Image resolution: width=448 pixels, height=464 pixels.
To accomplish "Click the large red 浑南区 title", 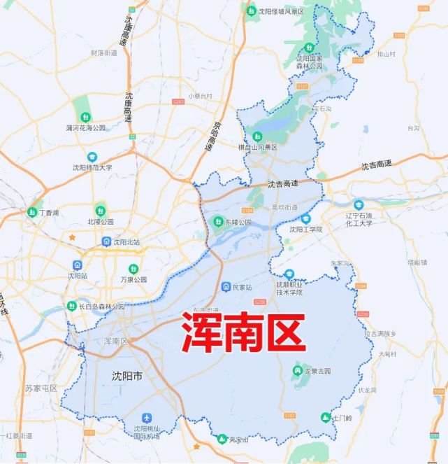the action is pyautogui.click(x=244, y=332).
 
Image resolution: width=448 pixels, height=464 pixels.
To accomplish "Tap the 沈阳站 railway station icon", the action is pyautogui.click(x=77, y=265).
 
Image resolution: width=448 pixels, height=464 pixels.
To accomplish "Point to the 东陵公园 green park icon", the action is pyautogui.click(x=217, y=222).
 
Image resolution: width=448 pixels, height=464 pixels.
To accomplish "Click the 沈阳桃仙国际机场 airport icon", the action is pyautogui.click(x=146, y=418).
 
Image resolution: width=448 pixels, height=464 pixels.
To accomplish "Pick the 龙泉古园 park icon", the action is pyautogui.click(x=297, y=370).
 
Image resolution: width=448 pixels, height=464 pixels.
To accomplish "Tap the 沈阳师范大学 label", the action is pyautogui.click(x=92, y=167).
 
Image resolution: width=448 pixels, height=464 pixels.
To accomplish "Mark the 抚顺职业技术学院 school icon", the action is pyautogui.click(x=289, y=275).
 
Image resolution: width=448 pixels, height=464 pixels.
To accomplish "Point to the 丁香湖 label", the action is pyautogui.click(x=49, y=212).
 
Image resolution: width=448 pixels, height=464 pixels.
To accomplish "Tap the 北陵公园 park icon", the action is pyautogui.click(x=100, y=210).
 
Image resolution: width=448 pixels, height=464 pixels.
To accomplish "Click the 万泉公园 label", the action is pyautogui.click(x=133, y=279).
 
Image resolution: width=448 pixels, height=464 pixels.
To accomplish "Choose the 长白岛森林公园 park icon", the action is pyautogui.click(x=71, y=306).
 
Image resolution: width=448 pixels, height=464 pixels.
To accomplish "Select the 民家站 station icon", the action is pyautogui.click(x=226, y=287).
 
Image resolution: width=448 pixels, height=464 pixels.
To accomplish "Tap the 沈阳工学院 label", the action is pyautogui.click(x=306, y=229).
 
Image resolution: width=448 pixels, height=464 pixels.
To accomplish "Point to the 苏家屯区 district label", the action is pyautogui.click(x=41, y=388).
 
